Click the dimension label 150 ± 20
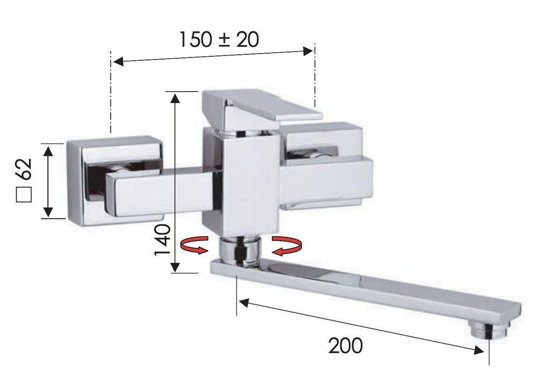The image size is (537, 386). [x=219, y=39]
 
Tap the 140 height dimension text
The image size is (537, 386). [x=163, y=240]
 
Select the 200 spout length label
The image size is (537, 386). [x=345, y=346]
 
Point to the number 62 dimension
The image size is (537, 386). [x=24, y=169]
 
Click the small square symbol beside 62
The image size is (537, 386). [x=24, y=194]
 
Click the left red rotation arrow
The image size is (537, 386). [x=194, y=245]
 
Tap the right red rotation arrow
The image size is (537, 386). [x=287, y=245]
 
